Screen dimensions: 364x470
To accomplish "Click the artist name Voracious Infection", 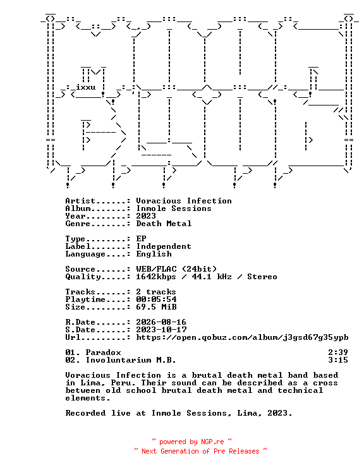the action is (x=184, y=201).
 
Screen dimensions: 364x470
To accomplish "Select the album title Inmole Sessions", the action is (x=174, y=208).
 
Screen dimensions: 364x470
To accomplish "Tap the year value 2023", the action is (x=146, y=216).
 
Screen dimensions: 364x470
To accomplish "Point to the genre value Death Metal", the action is (x=164, y=224).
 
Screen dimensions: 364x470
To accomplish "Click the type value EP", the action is (x=141, y=239).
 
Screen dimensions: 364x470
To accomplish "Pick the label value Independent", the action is (x=164, y=246).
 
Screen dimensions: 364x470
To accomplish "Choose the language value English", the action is (x=154, y=254).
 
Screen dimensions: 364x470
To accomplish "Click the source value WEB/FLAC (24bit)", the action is (x=176, y=269).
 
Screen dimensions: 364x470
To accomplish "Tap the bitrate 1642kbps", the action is (x=156, y=277).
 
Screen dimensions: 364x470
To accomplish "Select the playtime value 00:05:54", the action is (x=156, y=299).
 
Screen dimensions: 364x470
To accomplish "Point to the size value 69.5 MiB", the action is (x=156, y=307).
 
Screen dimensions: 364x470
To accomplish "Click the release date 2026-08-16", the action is (x=161, y=322).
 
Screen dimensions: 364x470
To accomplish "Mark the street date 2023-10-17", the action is (x=161, y=330).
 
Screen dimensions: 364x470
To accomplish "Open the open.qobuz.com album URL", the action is (x=242, y=337).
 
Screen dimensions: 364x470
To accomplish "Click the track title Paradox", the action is (x=104, y=352).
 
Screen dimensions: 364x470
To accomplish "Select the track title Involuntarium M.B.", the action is (x=131, y=360).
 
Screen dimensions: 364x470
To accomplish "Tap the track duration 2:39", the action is (x=338, y=352).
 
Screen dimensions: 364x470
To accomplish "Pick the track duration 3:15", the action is (x=338, y=360).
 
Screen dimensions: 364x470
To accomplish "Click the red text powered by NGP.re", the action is (x=191, y=442).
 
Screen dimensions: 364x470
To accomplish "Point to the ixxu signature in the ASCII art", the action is (x=86, y=87).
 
